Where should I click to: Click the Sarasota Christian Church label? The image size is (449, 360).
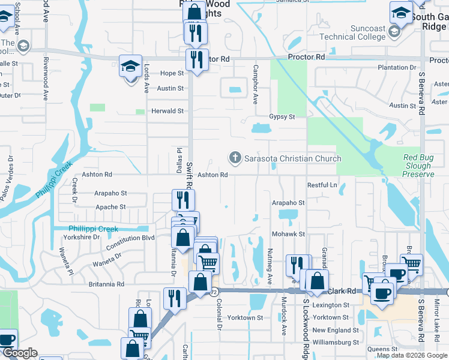pyautogui.click(x=292, y=158)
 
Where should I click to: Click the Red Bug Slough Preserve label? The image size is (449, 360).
pyautogui.click(x=418, y=166)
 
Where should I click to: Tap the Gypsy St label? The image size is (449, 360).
pyautogui.click(x=282, y=116)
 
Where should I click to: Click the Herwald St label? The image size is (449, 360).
pyautogui.click(x=167, y=111)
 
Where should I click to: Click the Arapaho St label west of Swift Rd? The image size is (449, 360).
pyautogui.click(x=110, y=193)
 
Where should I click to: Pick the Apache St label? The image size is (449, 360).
pyautogui.click(x=110, y=207)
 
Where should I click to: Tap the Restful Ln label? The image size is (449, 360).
pyautogui.click(x=322, y=185)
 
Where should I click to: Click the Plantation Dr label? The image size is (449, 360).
pyautogui.click(x=397, y=67)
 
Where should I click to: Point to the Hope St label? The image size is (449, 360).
pyautogui.click(x=172, y=73)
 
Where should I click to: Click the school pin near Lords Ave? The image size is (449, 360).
pyautogui.click(x=130, y=67)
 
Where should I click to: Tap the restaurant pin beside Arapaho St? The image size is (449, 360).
pyautogui.click(x=184, y=200)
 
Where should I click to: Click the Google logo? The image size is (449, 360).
pyautogui.click(x=20, y=353)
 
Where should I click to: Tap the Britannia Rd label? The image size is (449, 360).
pyautogui.click(x=106, y=284)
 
